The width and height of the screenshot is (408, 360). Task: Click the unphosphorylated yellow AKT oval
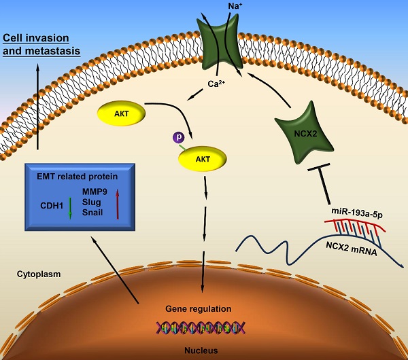(x=122, y=113)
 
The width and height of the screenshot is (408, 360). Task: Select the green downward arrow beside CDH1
(x=69, y=205)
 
